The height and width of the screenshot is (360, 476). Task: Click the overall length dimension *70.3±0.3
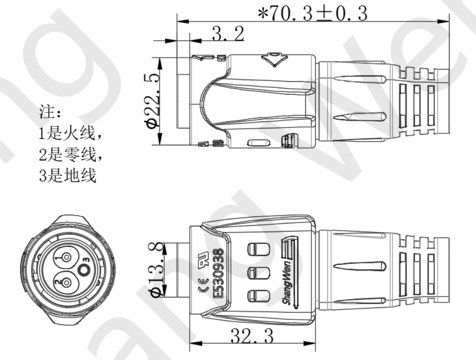(x=312, y=14)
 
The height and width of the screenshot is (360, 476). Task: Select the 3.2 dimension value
(x=227, y=34)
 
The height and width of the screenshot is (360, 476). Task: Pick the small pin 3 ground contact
(x=84, y=270)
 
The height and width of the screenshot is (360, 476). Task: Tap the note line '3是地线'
(x=67, y=176)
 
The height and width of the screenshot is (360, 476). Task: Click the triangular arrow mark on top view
(x=273, y=60)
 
